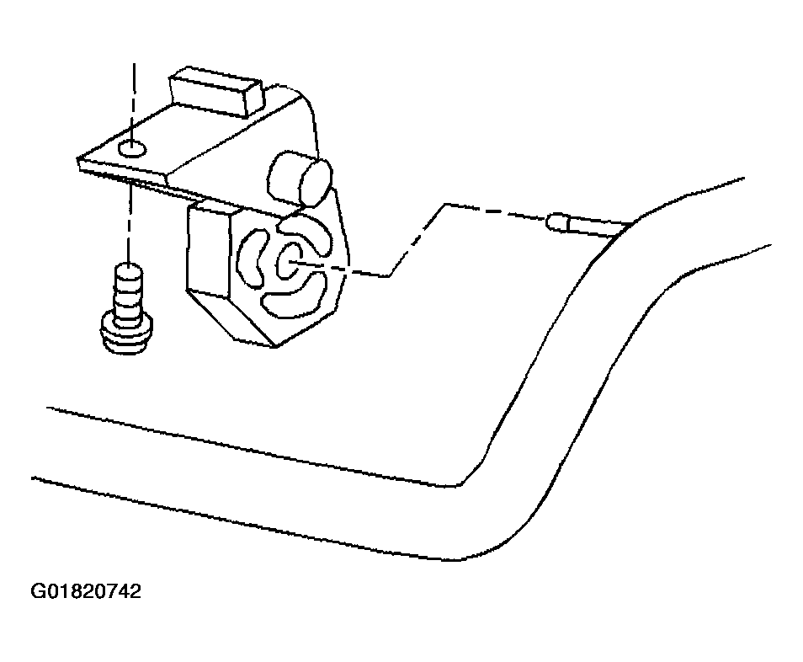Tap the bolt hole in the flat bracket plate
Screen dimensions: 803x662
click(x=131, y=150)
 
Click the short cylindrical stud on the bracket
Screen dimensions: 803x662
click(x=300, y=179)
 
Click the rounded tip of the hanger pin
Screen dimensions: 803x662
click(x=556, y=222)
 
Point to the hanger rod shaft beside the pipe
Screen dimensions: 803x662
click(x=593, y=226)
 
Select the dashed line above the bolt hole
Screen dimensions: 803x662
click(x=132, y=101)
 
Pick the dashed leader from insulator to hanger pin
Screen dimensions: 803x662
click(x=421, y=236)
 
